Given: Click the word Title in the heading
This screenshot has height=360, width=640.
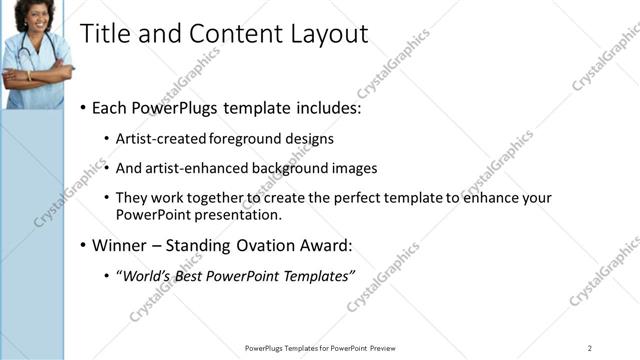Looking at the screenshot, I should coord(102,34).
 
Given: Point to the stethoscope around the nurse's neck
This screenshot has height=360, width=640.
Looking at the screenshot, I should coord(22,50).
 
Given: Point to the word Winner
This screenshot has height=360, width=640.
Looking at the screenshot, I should coord(120,246).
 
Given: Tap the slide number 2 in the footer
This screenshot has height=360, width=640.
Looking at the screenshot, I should coord(589,348).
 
